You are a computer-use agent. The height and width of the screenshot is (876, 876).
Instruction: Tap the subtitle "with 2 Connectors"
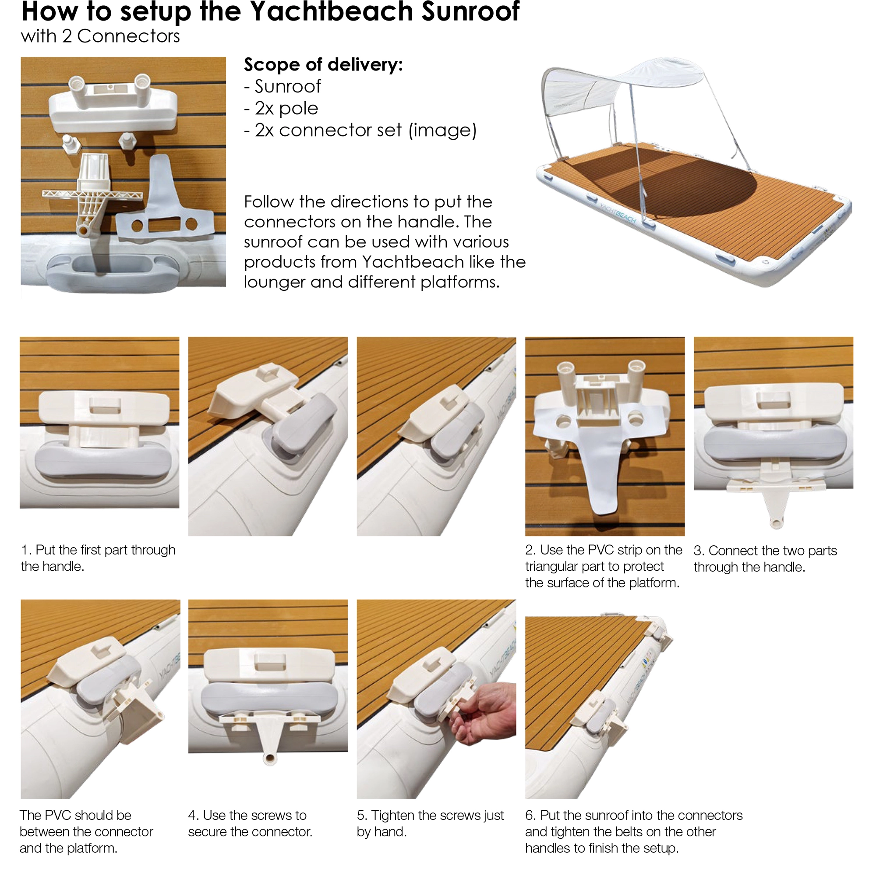tap(100, 36)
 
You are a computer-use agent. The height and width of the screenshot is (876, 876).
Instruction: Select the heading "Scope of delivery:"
tap(323, 65)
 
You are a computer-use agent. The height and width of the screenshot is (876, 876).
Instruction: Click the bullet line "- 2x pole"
tap(281, 108)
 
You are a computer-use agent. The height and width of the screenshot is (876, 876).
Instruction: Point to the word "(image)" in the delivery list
tap(442, 131)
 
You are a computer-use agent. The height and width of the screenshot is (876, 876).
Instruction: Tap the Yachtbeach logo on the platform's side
tap(618, 212)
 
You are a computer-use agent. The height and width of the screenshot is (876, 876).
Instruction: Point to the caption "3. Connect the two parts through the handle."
tap(765, 558)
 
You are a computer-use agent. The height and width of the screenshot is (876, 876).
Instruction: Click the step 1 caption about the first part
tap(98, 558)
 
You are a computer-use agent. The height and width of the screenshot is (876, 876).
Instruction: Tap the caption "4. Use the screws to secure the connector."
tap(250, 823)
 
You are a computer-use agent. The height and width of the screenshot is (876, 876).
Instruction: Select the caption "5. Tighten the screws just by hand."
tap(430, 823)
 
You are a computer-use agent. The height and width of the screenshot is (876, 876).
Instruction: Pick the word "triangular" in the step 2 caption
tap(549, 567)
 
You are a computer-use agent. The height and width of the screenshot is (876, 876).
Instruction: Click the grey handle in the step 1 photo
tap(103, 460)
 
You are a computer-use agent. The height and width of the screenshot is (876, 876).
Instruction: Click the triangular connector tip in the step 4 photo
tap(270, 757)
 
